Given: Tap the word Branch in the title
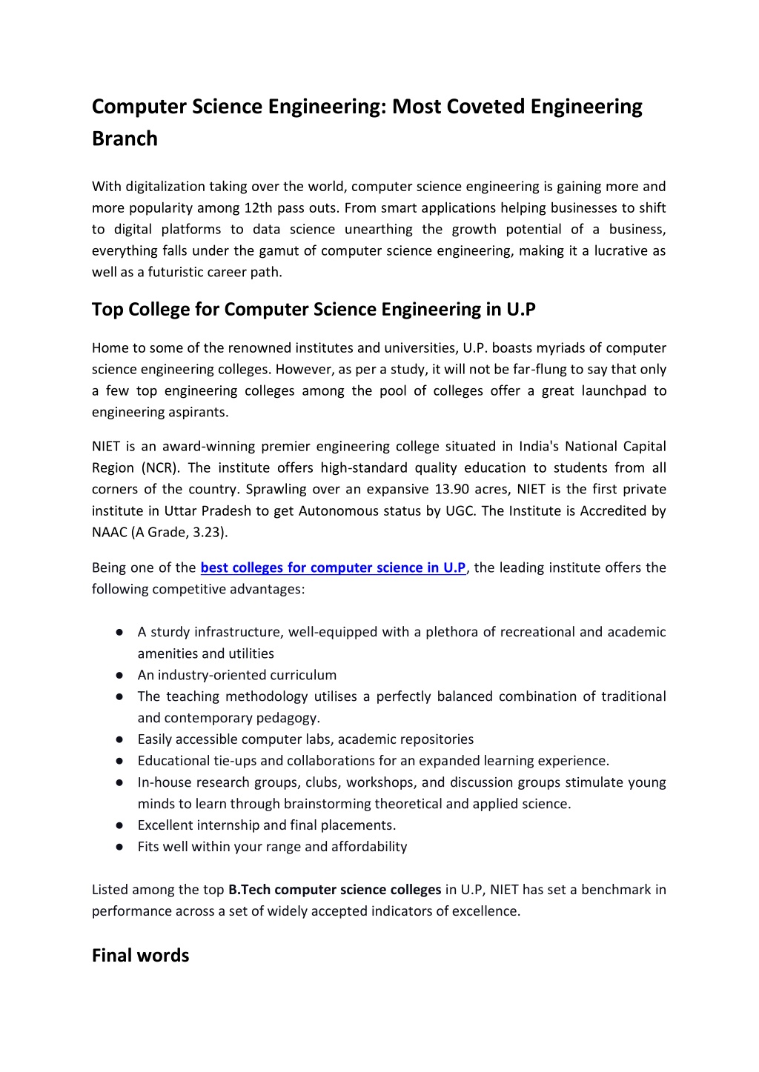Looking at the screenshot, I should click(x=125, y=139).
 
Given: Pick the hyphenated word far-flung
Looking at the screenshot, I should click(x=545, y=370).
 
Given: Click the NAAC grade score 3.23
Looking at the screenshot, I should click(x=210, y=533).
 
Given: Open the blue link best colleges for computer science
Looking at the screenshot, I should click(x=333, y=568).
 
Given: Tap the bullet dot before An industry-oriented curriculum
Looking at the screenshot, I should click(x=119, y=676).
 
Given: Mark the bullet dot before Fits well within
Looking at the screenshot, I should click(x=119, y=848).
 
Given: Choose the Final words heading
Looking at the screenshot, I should click(x=140, y=956).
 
